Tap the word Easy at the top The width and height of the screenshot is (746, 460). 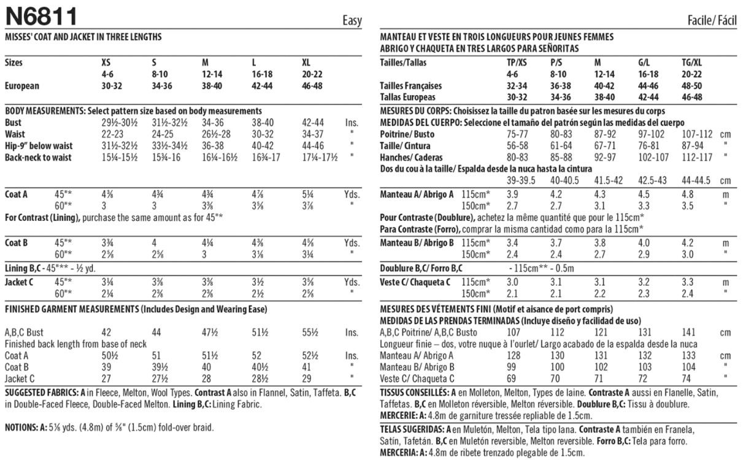point(352,21)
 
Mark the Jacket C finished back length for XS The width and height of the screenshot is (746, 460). point(107,378)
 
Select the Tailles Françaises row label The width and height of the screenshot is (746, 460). point(411,86)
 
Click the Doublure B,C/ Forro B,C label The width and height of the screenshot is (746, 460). point(421,268)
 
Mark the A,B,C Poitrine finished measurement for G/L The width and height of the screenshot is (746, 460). point(645,332)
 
